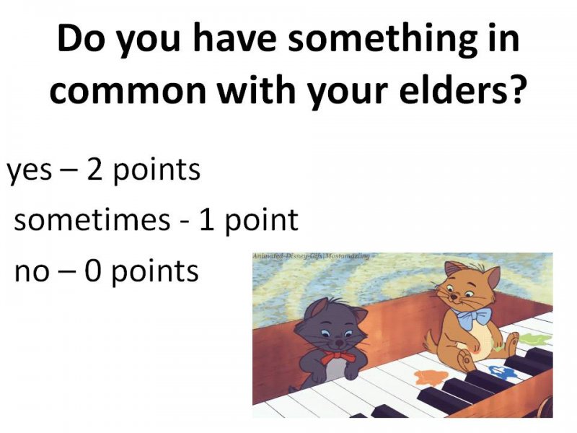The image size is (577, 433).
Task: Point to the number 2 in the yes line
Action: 94,170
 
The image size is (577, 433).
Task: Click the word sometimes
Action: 92,220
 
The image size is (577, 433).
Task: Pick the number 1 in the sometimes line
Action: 207,220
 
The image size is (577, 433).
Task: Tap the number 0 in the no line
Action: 92,271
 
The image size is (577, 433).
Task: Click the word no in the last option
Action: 32,273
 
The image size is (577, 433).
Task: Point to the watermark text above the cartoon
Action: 311,255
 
